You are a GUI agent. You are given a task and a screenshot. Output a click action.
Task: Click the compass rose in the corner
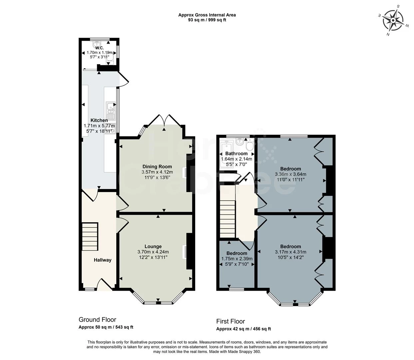coord(393,20)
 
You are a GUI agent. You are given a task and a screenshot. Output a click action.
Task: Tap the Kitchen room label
coord(99,120)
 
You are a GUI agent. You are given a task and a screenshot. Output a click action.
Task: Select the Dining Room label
coord(157,167)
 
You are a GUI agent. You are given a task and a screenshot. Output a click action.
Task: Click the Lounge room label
coord(153,247)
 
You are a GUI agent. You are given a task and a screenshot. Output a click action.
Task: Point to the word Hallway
coord(102,260)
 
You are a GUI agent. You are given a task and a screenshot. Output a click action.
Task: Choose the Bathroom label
coord(236,154)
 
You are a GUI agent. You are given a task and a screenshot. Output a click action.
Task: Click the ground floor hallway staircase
coord(90,237)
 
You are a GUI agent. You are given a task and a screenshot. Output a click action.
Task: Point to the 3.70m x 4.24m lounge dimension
coord(153,252)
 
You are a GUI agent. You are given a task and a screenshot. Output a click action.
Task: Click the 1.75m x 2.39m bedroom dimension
coord(237,259)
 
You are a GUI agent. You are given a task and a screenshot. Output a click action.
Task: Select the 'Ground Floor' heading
coord(97,320)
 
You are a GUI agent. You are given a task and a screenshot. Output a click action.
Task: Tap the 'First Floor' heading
coord(230,321)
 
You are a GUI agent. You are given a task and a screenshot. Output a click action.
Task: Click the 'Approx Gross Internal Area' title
coord(207,15)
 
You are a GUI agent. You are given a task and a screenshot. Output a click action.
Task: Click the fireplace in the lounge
coord(185,252)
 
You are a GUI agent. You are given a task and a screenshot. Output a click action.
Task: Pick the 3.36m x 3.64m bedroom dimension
coord(290,174)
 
